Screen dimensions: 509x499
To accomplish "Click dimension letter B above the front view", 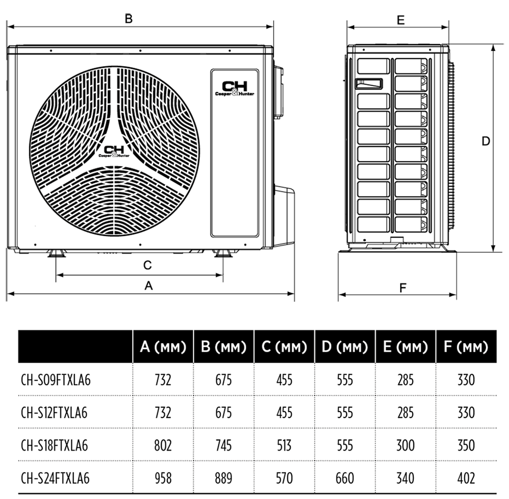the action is (x=129, y=18).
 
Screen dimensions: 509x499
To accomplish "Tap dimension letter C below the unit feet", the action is (x=148, y=265).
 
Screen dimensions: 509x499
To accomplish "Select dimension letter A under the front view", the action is (x=148, y=286).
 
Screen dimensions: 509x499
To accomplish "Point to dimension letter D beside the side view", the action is (x=485, y=141).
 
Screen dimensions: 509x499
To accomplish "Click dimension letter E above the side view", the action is (x=401, y=20).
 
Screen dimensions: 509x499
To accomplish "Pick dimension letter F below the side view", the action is (x=403, y=288).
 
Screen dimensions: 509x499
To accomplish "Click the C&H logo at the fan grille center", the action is (x=114, y=152).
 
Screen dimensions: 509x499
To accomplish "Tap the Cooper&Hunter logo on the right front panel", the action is (x=235, y=89).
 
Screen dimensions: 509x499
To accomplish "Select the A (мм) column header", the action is (x=163, y=347).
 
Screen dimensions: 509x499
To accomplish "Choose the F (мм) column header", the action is (x=466, y=347).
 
